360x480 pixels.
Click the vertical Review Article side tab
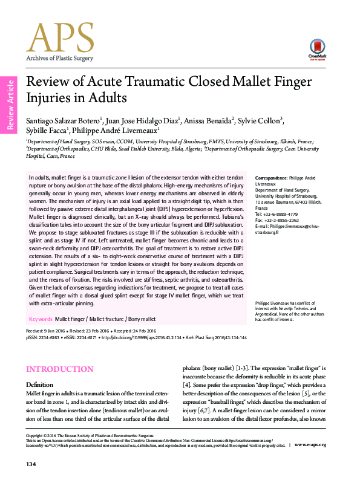[x=9, y=104]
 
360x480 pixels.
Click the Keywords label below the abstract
[x=40, y=318]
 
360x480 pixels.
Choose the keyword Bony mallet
[x=141, y=318]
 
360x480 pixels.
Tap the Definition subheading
[x=39, y=384]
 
